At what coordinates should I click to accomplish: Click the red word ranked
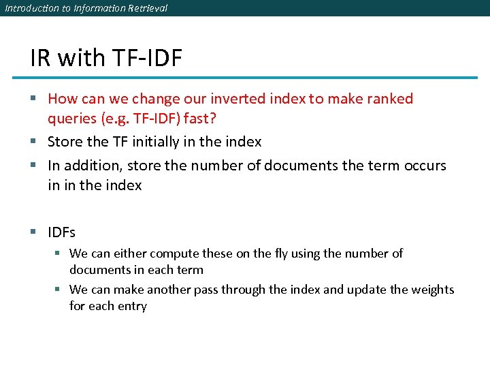(x=389, y=99)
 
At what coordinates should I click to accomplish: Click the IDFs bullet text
(x=61, y=232)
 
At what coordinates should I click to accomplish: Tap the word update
(x=366, y=290)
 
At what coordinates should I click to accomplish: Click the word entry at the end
(x=132, y=306)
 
